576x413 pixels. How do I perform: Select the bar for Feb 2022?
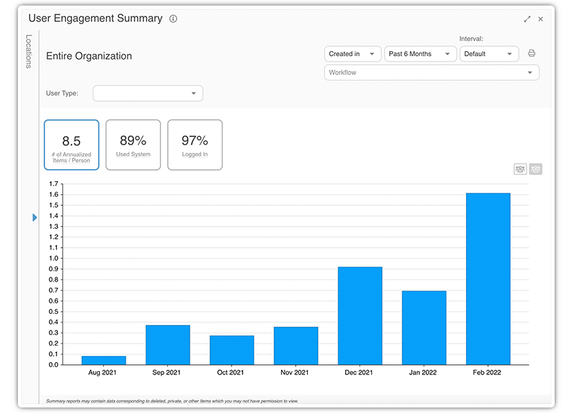[x=488, y=279]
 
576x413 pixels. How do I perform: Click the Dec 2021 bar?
[x=360, y=315]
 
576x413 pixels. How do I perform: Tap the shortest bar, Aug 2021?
[x=104, y=360]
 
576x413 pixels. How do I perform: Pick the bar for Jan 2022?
[x=424, y=328]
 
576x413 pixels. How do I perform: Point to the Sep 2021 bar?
[x=168, y=344]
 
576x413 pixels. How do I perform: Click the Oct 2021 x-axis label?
[x=232, y=372]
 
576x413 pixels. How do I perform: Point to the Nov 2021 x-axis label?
[x=296, y=372]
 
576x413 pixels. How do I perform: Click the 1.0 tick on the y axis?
[x=53, y=259]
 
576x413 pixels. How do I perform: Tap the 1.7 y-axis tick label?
[x=53, y=184]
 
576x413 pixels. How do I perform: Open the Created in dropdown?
[x=353, y=54]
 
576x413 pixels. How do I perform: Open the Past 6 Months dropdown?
[x=419, y=54]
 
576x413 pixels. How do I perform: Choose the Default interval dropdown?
[x=489, y=54]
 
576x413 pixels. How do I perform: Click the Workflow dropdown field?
[x=431, y=72]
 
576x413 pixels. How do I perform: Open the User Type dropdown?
[x=148, y=93]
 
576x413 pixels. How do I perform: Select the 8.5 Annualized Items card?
[x=71, y=145]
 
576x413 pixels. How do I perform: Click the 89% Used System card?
[x=133, y=145]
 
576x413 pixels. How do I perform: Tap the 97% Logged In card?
[x=195, y=145]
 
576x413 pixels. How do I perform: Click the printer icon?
[x=531, y=54]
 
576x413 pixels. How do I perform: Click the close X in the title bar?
[x=540, y=19]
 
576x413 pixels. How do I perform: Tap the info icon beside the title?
[x=173, y=19]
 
